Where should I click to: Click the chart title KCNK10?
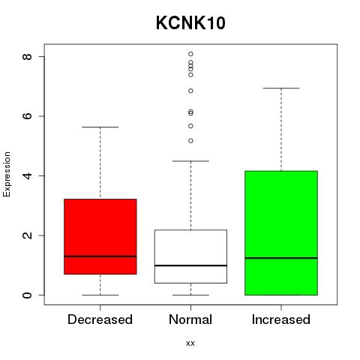pos(190,23)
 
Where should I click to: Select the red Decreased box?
pos(100,236)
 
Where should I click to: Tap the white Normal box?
pos(190,256)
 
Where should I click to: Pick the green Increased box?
pos(281,233)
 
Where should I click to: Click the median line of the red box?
pos(100,256)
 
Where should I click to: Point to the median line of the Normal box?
pos(190,265)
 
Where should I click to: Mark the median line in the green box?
pos(281,258)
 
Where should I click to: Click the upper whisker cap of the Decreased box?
pos(100,127)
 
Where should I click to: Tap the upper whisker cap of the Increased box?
pos(281,88)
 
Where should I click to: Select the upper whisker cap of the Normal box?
pos(190,161)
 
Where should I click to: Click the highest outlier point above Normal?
pos(190,54)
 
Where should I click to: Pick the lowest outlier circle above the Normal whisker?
pos(190,141)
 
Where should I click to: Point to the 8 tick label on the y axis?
pos(27,57)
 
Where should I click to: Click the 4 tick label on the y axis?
pos(27,175)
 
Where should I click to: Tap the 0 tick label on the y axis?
pos(27,295)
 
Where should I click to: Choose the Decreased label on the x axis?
pos(100,319)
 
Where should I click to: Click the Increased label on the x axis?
pos(281,319)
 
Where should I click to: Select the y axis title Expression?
pos(7,174)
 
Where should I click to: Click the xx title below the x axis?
pos(190,343)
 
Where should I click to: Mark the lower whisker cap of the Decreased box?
pos(100,295)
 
